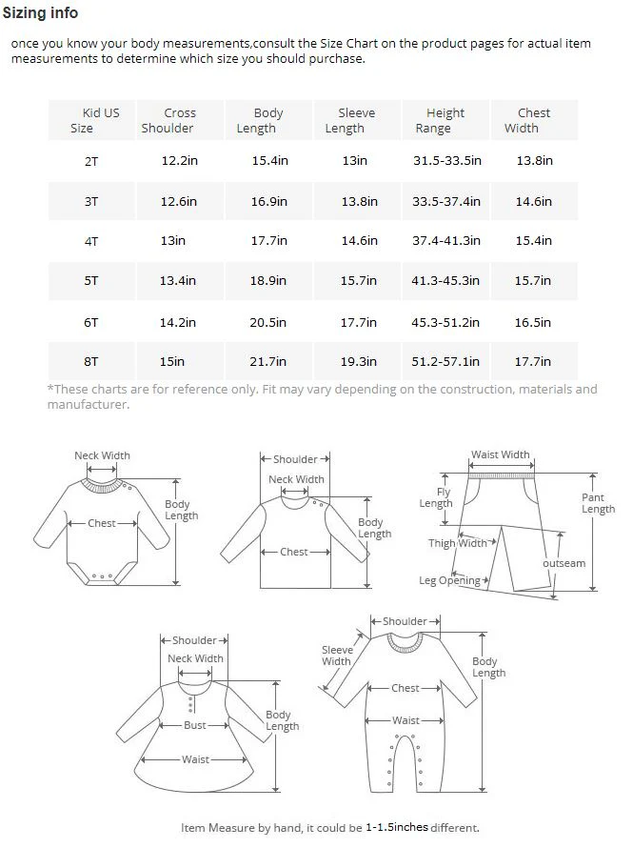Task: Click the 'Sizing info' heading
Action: point(41,13)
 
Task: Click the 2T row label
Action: point(91,161)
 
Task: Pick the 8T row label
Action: point(91,361)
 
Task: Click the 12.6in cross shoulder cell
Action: point(179,201)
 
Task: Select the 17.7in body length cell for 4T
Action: point(269,241)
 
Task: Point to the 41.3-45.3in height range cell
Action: point(446,281)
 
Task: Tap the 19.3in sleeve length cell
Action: point(359,362)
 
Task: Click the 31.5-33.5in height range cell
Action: point(446,161)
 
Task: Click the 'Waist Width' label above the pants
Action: point(501,455)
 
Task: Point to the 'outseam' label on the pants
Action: point(564,563)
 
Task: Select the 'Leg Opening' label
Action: point(450,580)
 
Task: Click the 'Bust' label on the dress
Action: point(195,725)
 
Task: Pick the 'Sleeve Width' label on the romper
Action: point(337,656)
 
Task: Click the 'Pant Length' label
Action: point(598,503)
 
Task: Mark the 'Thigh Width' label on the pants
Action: point(458,543)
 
